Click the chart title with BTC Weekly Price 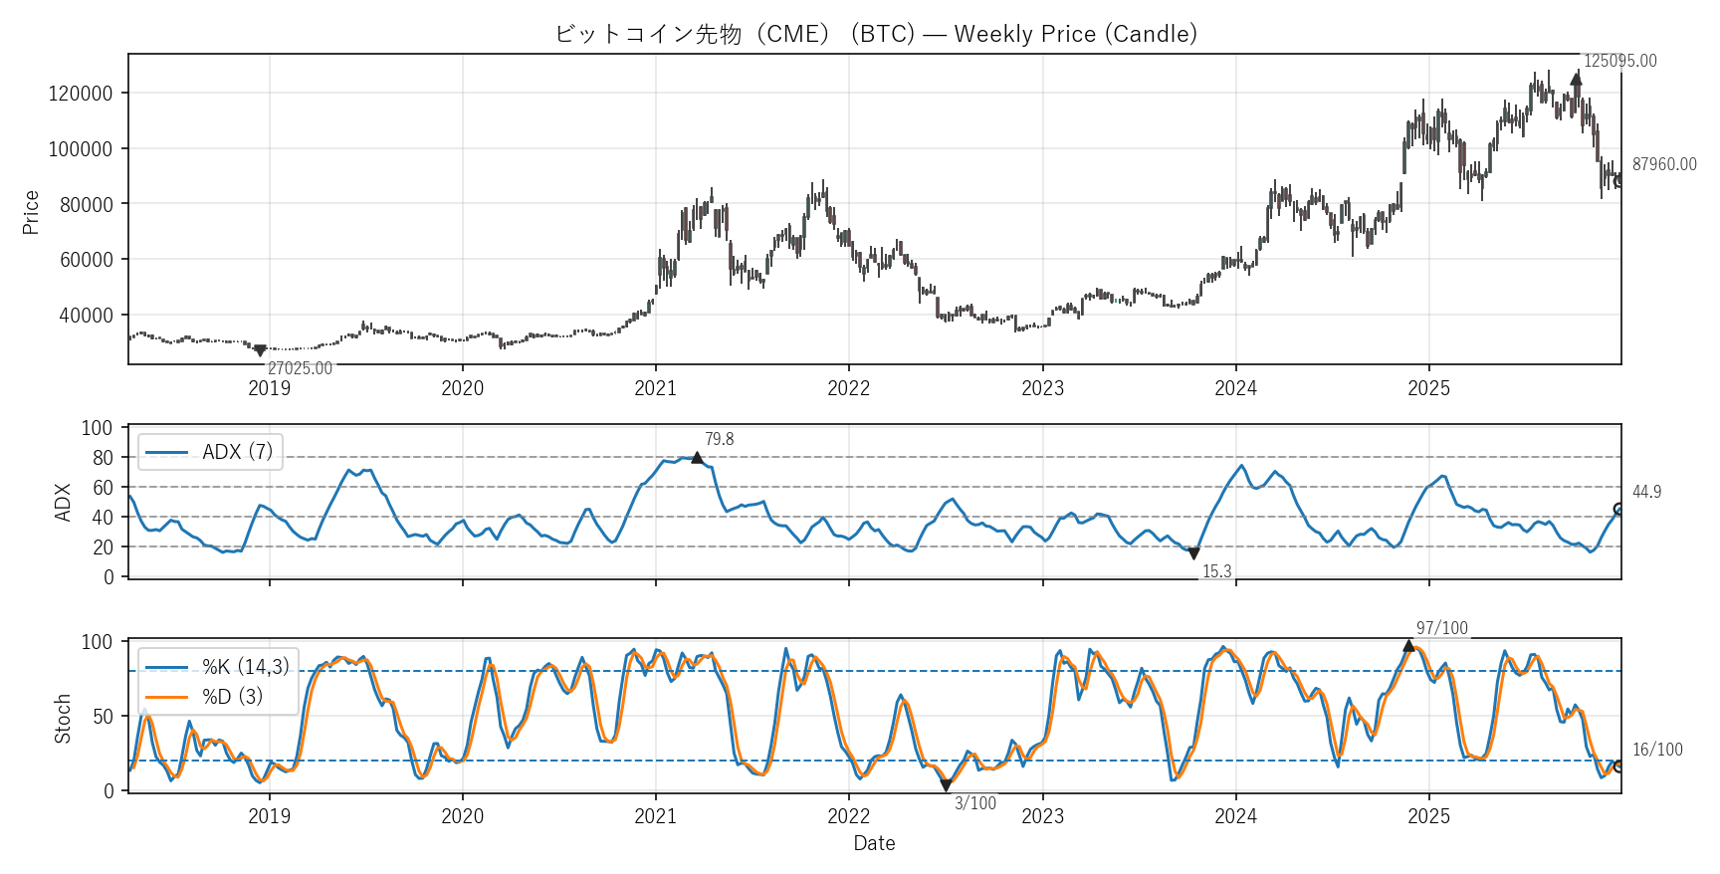point(876,34)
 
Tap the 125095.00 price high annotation point(1619,61)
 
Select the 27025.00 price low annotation point(300,368)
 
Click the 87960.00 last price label point(1663,164)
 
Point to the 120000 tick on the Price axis point(81,94)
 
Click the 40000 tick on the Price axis point(86,316)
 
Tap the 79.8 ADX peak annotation point(719,439)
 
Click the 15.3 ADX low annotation point(1216,571)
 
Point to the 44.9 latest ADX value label point(1646,492)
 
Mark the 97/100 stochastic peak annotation point(1441,628)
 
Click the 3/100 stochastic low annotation point(974,803)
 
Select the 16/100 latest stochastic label point(1657,750)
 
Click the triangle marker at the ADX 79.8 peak point(697,458)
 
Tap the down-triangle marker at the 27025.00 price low point(260,350)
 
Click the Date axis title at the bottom point(874,843)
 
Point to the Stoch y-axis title point(63,718)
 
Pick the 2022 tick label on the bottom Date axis point(848,816)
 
